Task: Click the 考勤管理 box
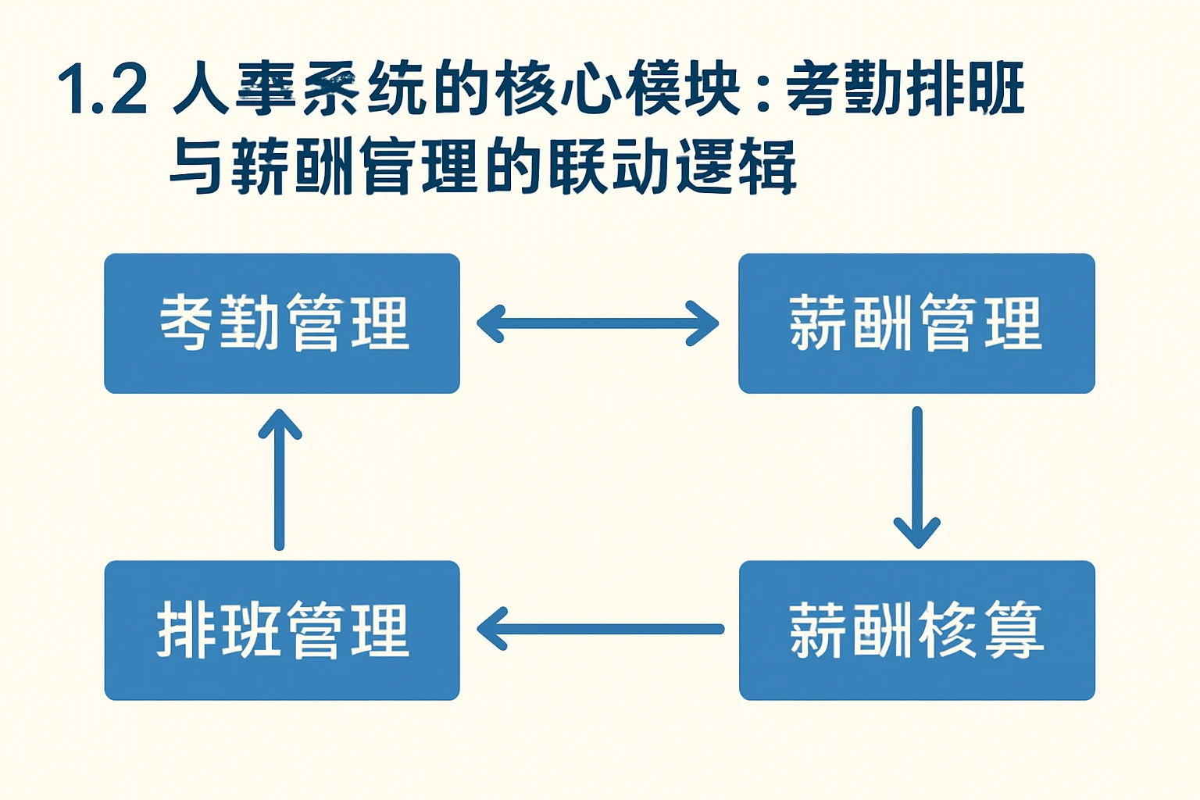click(x=282, y=323)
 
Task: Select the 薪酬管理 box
click(x=916, y=323)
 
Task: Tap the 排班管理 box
click(x=282, y=630)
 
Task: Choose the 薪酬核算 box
click(x=916, y=630)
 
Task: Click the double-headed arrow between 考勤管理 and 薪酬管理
click(x=598, y=323)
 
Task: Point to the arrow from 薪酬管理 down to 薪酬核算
click(x=917, y=477)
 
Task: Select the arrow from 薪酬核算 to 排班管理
click(x=600, y=629)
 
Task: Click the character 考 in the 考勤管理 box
click(x=186, y=322)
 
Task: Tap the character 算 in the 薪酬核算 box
click(x=1013, y=630)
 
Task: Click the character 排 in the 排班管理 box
click(x=185, y=630)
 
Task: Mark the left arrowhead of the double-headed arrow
click(x=490, y=323)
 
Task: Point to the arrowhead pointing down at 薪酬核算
click(x=917, y=534)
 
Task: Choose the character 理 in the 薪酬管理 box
click(x=1013, y=323)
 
